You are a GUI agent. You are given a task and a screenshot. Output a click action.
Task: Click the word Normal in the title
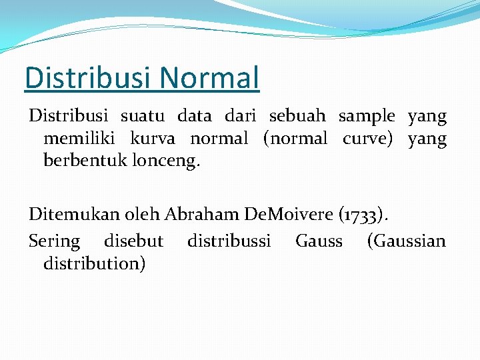(209, 77)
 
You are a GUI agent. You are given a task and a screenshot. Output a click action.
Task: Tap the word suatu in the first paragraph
(141, 116)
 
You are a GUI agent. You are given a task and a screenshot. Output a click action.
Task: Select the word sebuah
(297, 116)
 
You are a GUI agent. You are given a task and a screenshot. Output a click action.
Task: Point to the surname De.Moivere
(288, 214)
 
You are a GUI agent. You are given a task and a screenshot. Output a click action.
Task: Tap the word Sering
(54, 241)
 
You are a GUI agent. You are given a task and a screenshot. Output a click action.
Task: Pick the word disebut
(133, 241)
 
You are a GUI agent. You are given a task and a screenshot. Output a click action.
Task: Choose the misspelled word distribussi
(229, 241)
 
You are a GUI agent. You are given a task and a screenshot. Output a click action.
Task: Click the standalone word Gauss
(319, 241)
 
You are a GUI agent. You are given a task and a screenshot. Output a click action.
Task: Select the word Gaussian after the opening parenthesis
(409, 241)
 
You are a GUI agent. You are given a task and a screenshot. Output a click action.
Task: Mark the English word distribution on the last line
(94, 263)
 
